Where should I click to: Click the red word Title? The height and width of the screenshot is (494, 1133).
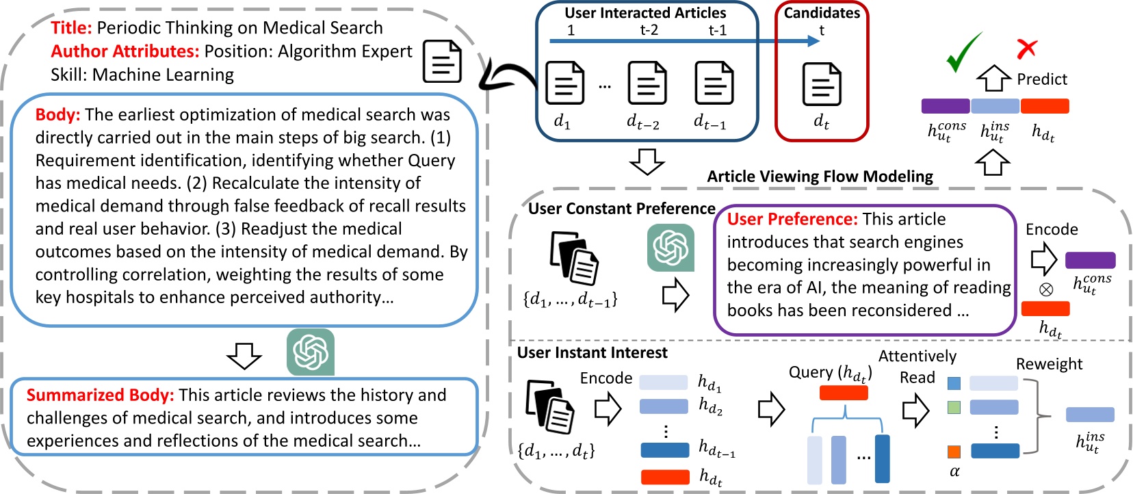coord(71,28)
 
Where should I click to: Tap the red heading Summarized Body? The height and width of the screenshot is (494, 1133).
coord(100,395)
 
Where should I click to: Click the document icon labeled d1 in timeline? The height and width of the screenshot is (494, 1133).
coord(564,83)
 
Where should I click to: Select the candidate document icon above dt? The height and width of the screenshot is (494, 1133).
coord(821,84)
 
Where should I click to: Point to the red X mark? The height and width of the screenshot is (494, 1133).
coord(1026,49)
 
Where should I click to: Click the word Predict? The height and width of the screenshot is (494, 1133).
coord(1041,79)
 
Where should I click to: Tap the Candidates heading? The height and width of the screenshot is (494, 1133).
coord(822,13)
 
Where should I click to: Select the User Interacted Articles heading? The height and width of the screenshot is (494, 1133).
coord(645,13)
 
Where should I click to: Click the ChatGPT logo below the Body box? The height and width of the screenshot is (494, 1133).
coord(311,352)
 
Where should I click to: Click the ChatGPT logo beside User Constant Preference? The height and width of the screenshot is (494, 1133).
coord(670,248)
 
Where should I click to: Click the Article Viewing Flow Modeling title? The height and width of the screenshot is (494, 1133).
coord(820,177)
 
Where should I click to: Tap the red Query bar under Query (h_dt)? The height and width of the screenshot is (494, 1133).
coord(844,393)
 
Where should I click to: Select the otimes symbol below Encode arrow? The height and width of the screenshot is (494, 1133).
coord(1045,289)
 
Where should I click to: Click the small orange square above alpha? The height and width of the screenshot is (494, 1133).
coord(954,452)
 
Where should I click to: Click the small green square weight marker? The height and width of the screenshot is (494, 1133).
coord(954,408)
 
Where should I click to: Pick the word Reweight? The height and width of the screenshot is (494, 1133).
coord(1049,364)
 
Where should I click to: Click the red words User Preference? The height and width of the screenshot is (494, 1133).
coord(792,220)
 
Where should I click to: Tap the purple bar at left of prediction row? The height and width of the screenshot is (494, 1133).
coord(945,106)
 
